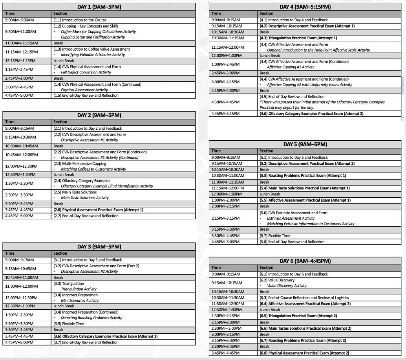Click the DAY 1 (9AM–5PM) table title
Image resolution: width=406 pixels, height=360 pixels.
coord(99,7)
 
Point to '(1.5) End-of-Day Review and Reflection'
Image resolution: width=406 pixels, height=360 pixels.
coord(86,96)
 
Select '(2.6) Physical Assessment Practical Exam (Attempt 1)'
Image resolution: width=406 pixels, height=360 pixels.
coord(98,210)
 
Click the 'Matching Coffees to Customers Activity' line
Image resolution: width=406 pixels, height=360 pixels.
coord(93,169)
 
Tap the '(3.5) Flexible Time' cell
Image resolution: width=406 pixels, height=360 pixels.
coord(69,324)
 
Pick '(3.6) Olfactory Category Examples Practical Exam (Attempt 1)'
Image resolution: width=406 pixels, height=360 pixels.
coord(105,336)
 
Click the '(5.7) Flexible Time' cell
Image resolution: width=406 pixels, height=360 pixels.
coord(275,236)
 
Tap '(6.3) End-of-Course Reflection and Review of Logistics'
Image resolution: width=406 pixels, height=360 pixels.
coord(304,298)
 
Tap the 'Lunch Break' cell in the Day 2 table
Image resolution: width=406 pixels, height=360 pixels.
coord(64,174)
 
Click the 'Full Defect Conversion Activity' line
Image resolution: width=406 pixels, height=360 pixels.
coord(86,72)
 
